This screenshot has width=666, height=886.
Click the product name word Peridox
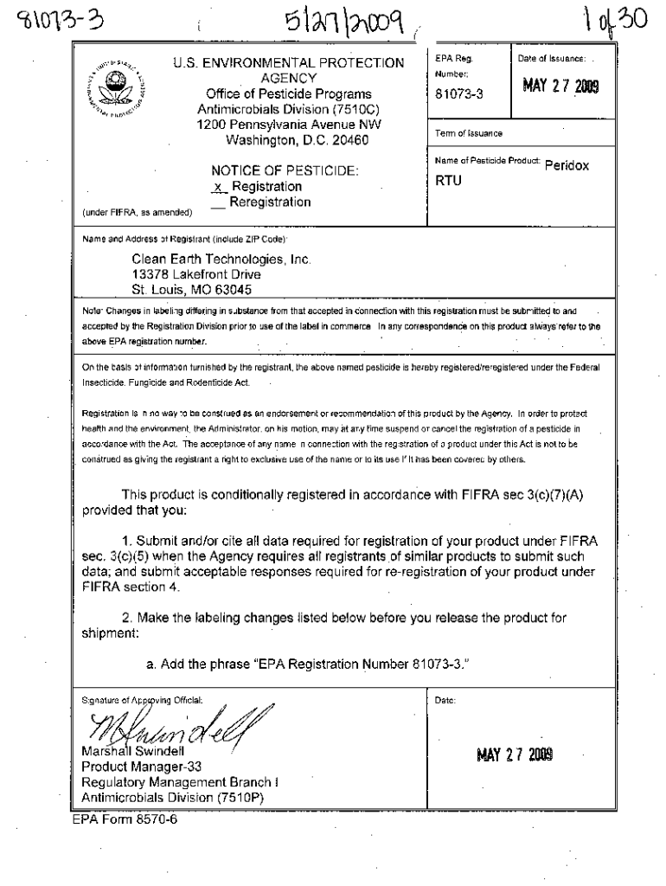pos(567,165)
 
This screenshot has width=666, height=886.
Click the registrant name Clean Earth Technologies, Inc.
pos(221,259)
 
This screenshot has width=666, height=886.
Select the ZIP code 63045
pos(233,290)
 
